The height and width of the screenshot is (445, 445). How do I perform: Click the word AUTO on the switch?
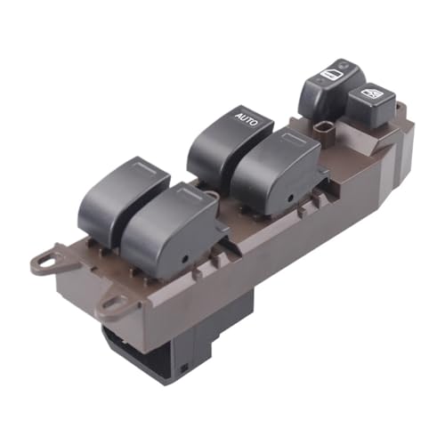coord(247,118)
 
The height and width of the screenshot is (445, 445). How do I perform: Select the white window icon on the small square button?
coord(371,93)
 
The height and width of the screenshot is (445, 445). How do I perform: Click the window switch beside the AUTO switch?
coord(276,172)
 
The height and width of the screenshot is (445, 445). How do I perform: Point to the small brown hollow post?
coord(321,131)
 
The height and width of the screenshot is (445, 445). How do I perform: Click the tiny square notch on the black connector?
coord(183,369)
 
